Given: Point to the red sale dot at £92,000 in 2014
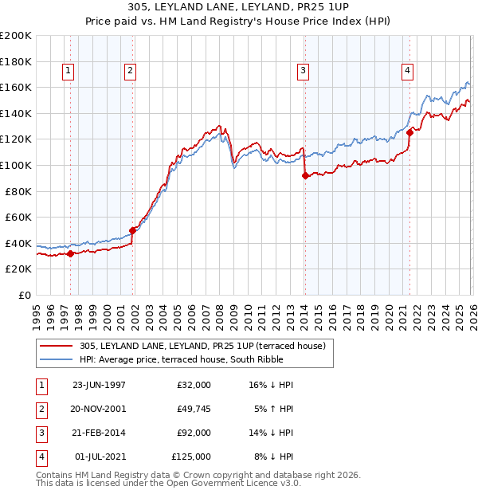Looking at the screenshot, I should pyautogui.click(x=305, y=176).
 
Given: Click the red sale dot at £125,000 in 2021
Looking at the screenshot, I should pyautogui.click(x=409, y=133).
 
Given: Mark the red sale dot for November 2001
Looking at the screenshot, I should pyautogui.click(x=133, y=230).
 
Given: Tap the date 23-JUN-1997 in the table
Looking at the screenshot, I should pyautogui.click(x=99, y=385).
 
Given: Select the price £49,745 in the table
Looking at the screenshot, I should pyautogui.click(x=191, y=409).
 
